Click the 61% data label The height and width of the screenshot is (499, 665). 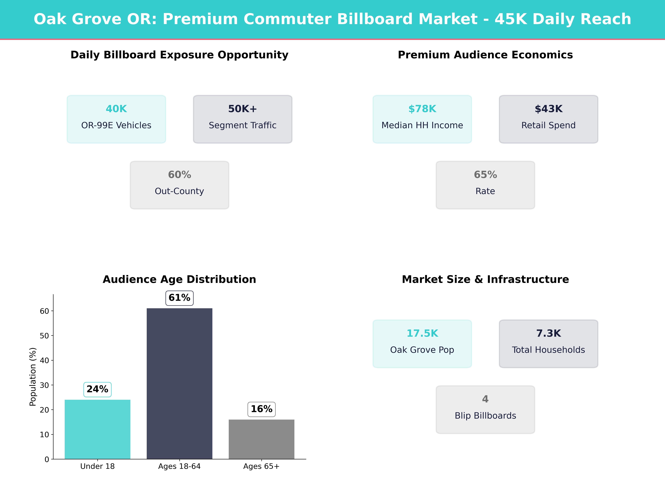click(x=179, y=298)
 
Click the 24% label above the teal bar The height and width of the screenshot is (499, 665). click(x=97, y=389)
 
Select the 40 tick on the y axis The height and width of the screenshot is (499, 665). click(x=44, y=360)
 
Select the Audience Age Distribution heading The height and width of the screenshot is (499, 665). click(x=179, y=279)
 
